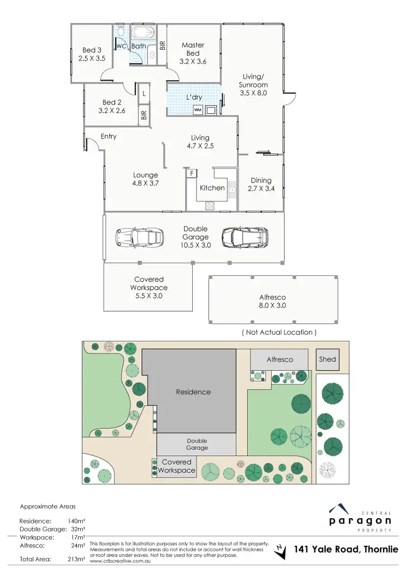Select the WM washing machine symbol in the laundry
[x=198, y=110]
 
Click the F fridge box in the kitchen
[x=191, y=173]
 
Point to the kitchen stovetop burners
[x=209, y=205]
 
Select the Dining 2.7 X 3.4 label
[x=261, y=185]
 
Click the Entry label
[x=108, y=136]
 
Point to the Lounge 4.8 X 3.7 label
[x=146, y=179]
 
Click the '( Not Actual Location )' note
[x=279, y=332]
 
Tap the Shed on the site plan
[x=328, y=360]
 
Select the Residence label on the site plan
[x=193, y=392]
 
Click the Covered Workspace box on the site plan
[x=176, y=466]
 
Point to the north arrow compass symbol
[x=280, y=550]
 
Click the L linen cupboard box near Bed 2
[x=143, y=94]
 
